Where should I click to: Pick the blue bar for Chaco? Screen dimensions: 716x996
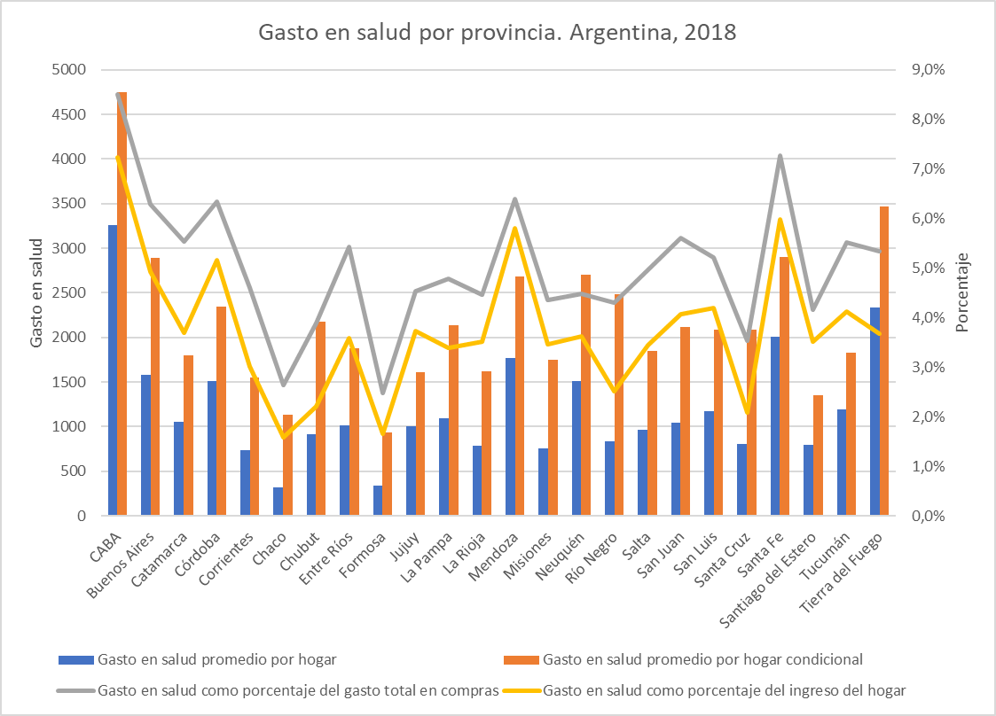click(278, 501)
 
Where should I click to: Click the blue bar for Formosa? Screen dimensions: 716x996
click(378, 500)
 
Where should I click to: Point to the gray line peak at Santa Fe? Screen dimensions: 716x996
click(780, 156)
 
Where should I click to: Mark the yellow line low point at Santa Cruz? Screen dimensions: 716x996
click(747, 413)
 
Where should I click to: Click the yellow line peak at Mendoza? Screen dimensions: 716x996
click(514, 229)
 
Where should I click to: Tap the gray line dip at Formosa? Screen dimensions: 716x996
click(382, 393)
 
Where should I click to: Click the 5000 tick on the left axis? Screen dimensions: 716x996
click(69, 70)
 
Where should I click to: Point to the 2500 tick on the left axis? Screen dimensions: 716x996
click(69, 292)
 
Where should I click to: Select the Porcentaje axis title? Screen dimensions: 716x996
click(964, 292)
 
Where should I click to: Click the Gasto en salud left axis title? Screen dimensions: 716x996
click(36, 292)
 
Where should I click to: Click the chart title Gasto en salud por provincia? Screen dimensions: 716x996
click(497, 33)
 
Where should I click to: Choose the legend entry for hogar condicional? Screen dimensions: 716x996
click(701, 659)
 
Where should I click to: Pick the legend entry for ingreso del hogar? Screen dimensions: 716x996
click(723, 689)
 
